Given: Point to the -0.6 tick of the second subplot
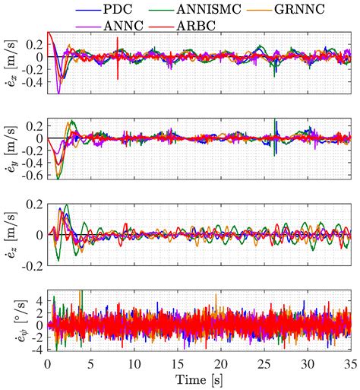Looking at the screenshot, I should tap(33, 176).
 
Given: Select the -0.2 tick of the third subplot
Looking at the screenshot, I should tap(33, 266).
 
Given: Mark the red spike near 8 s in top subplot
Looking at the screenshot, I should tap(118, 65).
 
